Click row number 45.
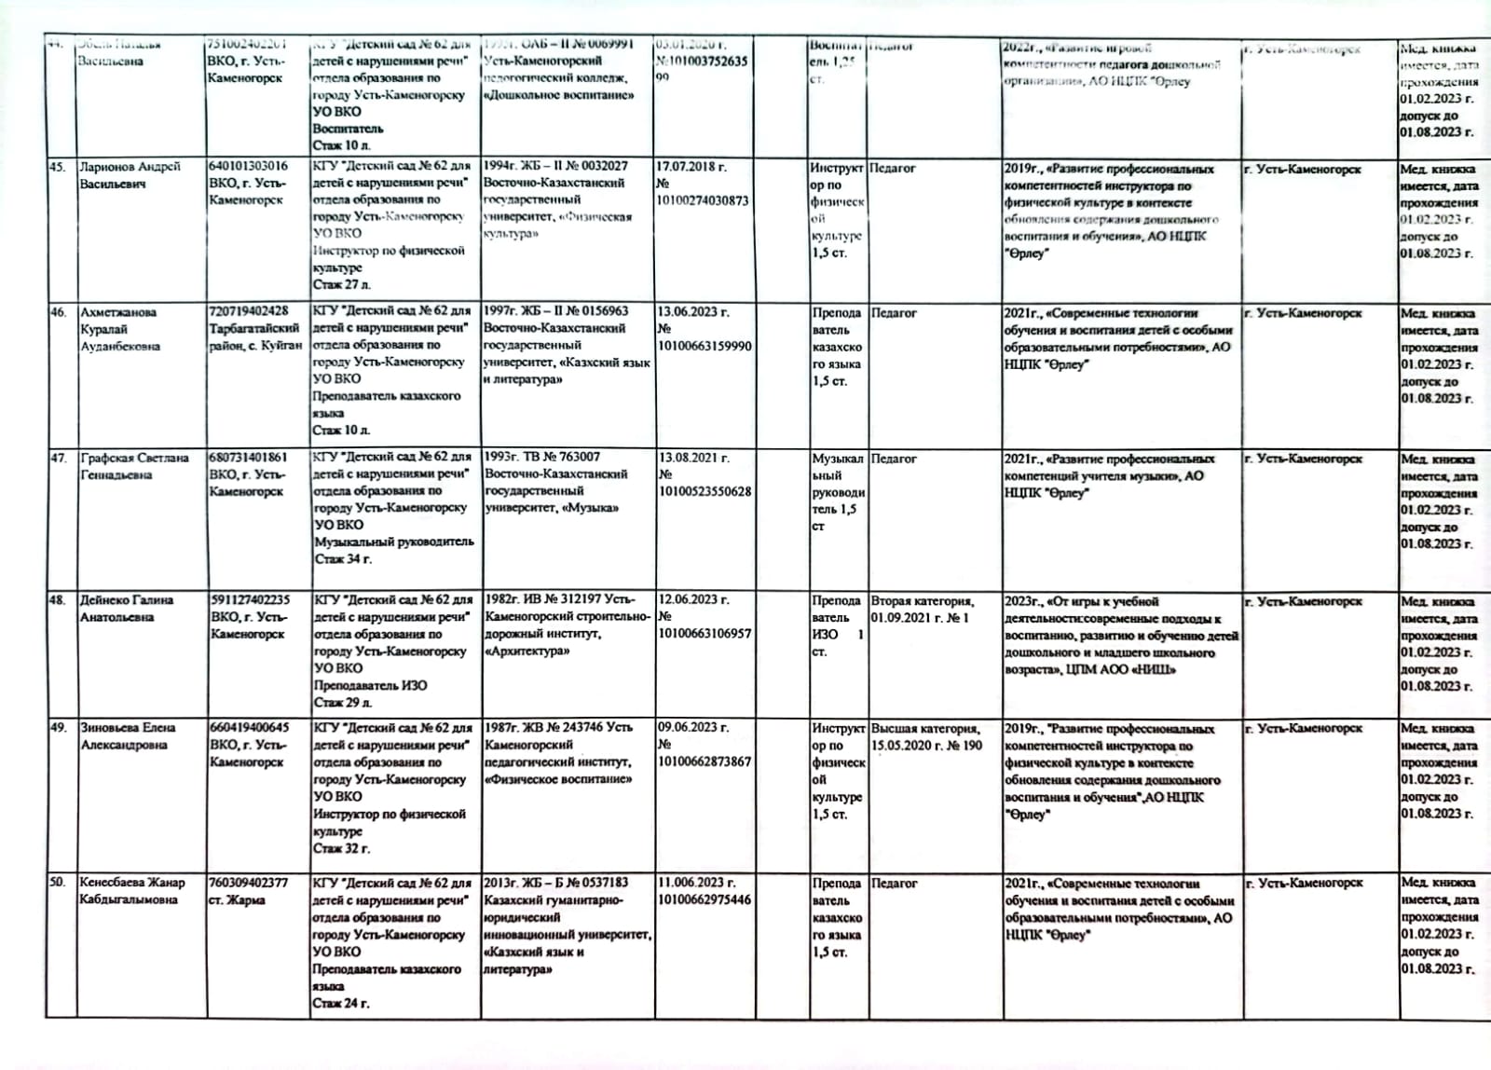58,167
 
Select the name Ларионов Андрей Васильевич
130,175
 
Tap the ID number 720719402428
249,311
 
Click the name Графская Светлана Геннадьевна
134,466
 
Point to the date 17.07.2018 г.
692,167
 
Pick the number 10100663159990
704,346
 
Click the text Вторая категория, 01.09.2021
922,610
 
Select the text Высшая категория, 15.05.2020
925,736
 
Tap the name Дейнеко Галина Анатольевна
127,609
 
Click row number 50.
58,882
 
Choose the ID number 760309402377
249,883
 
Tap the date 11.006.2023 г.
696,883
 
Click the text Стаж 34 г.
343,559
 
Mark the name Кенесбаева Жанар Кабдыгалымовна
131,891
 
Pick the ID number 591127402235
250,600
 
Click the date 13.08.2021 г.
693,458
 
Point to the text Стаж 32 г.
341,849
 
